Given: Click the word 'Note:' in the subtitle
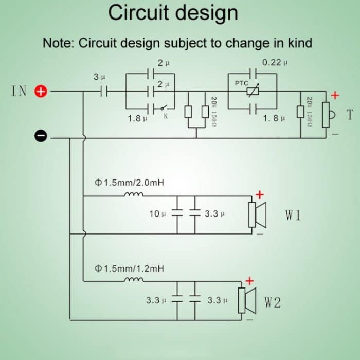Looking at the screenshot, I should (x=58, y=43).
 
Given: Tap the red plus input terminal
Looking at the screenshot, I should (x=41, y=92).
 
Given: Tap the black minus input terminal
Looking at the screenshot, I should (x=41, y=136).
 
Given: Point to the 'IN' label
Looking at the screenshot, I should (x=19, y=92).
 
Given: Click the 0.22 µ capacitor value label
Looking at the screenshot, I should (x=275, y=63).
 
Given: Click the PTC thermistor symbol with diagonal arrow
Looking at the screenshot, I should (x=253, y=92).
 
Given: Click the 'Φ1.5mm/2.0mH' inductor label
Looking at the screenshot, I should (x=130, y=183).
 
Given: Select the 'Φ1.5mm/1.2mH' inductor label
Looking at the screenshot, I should (x=130, y=268).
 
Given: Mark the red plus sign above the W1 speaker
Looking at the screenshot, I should (x=260, y=194).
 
